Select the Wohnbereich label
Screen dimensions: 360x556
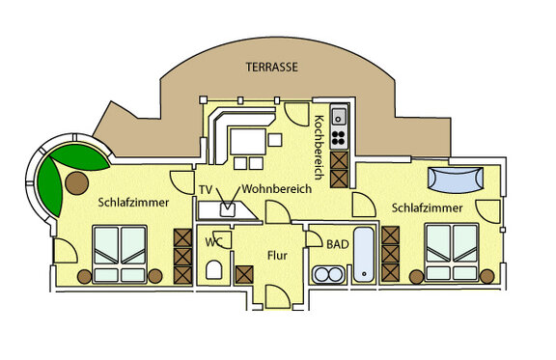pyautogui.click(x=277, y=189)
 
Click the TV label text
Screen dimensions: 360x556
pyautogui.click(x=205, y=189)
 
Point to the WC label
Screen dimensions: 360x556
pyautogui.click(x=213, y=242)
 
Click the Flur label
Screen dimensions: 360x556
pyautogui.click(x=279, y=257)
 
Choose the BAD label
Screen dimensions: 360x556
pyautogui.click(x=338, y=245)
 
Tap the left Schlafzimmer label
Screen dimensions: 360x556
pyautogui.click(x=134, y=203)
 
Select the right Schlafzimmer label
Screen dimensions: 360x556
pyautogui.click(x=428, y=208)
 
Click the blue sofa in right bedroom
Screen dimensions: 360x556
pyautogui.click(x=455, y=179)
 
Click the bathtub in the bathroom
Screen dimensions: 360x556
pyautogui.click(x=366, y=257)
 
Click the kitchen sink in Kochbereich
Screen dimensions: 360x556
pyautogui.click(x=340, y=118)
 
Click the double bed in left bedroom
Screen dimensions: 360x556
pyautogui.click(x=121, y=254)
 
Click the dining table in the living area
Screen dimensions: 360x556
pyautogui.click(x=246, y=142)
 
